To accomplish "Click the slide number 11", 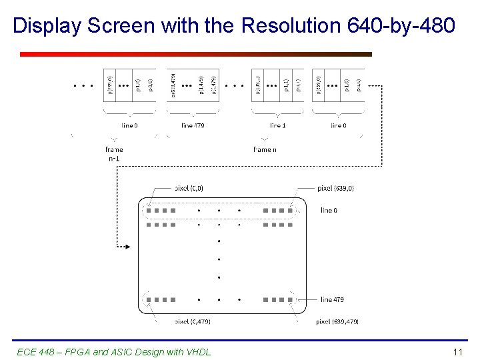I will point(457,352).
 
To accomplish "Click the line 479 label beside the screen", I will point(332,300).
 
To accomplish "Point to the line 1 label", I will point(278,125).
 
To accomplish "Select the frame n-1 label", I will point(114,154).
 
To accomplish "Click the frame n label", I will point(265,150).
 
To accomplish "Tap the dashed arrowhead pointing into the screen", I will point(127,247).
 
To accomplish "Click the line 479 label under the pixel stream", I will point(193,125).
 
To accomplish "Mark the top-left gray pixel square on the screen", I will point(149,211).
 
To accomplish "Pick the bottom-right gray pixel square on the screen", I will point(290,300).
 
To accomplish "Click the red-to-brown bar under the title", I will point(195,55).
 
